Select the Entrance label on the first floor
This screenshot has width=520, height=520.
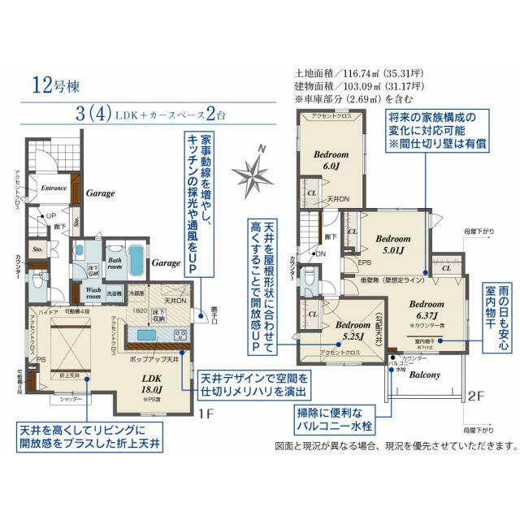pos(54,188)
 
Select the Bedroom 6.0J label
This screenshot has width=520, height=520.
pos(331,160)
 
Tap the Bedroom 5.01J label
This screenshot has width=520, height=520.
pos(392,244)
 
